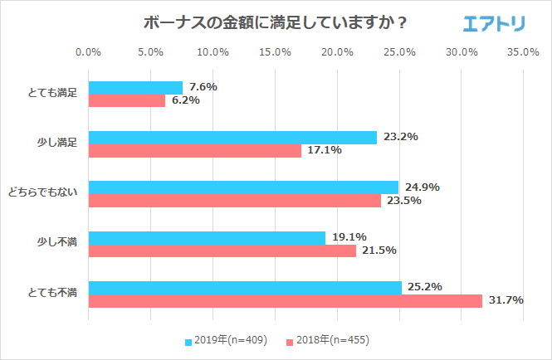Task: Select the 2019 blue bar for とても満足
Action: (x=135, y=87)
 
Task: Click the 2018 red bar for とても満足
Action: (x=127, y=100)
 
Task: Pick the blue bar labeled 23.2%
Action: (x=232, y=138)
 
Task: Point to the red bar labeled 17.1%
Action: (x=195, y=151)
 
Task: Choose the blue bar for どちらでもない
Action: (x=243, y=187)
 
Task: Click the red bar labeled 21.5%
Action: (x=222, y=251)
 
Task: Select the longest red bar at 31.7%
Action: (x=286, y=300)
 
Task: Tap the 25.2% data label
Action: (x=424, y=287)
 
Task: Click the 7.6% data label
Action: (x=203, y=87)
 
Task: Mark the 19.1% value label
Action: (x=349, y=237)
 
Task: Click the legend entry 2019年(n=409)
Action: (x=225, y=341)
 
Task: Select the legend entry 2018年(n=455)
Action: (x=327, y=341)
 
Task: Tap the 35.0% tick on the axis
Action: (x=524, y=52)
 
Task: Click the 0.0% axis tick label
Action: (x=88, y=52)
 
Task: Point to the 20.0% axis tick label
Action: (x=337, y=52)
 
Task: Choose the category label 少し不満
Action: (x=57, y=243)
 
